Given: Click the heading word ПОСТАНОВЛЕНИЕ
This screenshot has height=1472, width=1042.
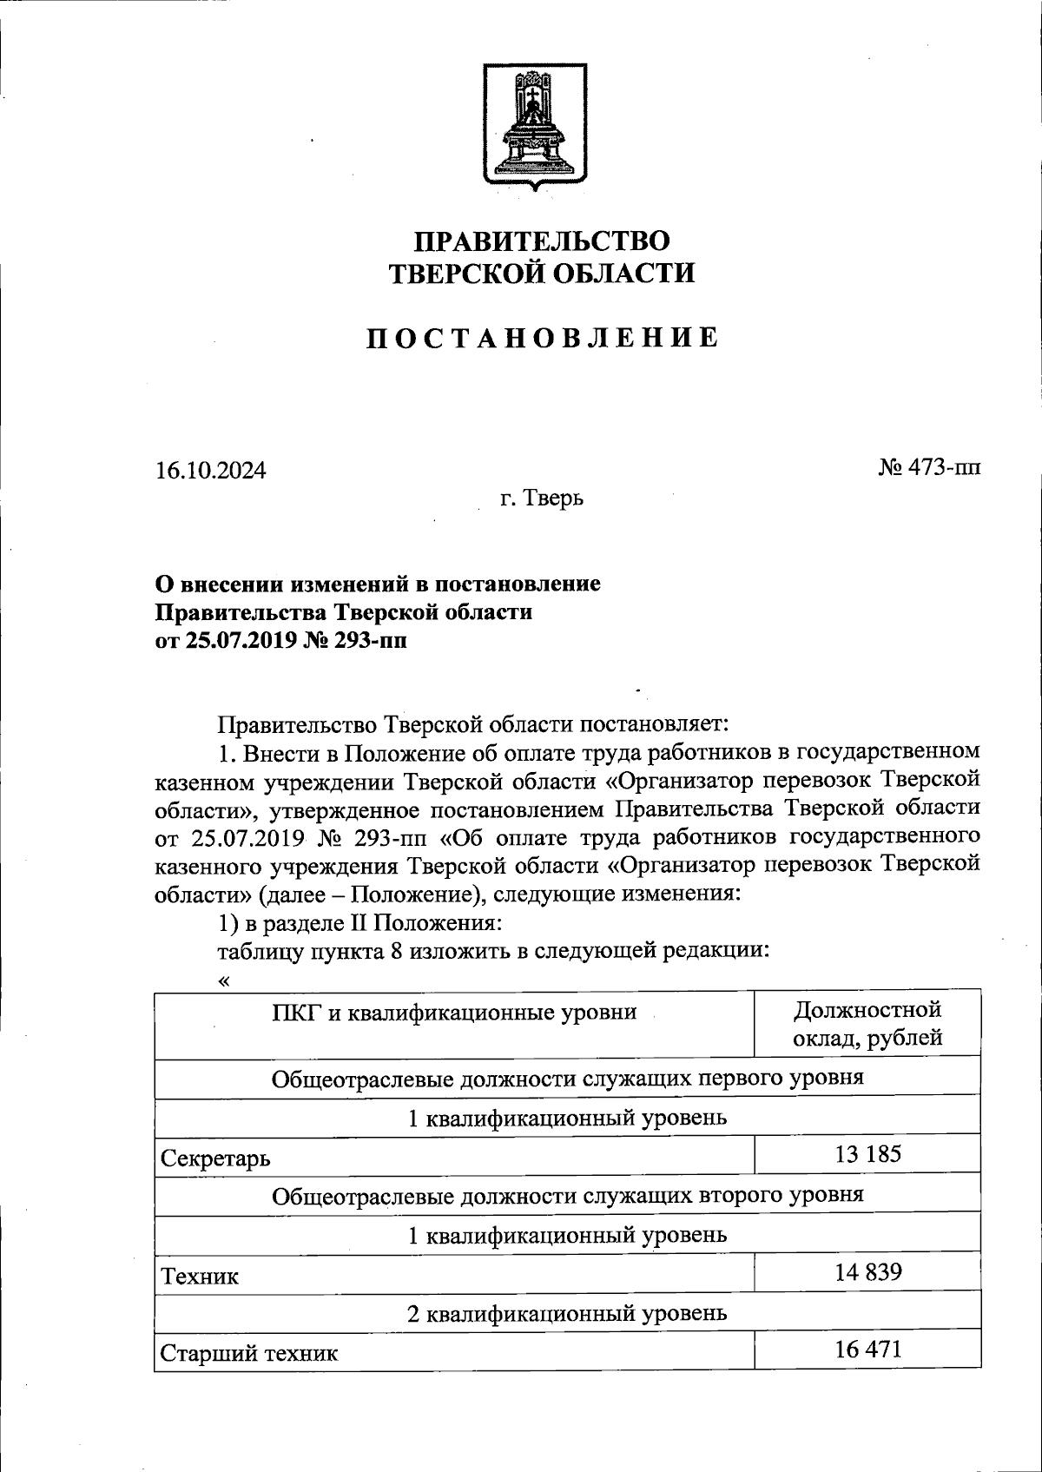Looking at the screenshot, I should click(542, 337).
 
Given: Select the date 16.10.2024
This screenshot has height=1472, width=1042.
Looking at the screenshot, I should click(211, 471).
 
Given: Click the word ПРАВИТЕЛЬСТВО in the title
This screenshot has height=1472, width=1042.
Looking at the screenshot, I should click(542, 241).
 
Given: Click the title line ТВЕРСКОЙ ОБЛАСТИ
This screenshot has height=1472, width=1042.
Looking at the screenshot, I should click(542, 274).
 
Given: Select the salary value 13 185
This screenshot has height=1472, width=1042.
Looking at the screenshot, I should click(867, 1154).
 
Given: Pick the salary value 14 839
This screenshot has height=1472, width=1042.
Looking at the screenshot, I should click(867, 1272).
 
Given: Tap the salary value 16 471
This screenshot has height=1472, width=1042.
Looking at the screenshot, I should click(867, 1349).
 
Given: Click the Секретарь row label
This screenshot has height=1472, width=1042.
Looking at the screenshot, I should click(215, 1158).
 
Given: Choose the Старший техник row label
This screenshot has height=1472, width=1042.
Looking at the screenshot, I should click(250, 1353).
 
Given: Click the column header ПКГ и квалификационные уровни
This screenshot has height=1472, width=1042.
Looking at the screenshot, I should click(454, 1012).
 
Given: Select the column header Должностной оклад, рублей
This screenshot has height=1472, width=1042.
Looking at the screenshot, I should click(867, 1024).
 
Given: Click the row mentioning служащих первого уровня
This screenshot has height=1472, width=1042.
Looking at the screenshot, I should click(567, 1078).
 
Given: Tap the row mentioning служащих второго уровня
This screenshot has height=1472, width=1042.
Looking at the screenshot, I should click(567, 1195).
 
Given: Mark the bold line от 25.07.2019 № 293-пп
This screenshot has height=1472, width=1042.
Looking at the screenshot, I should click(280, 641).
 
